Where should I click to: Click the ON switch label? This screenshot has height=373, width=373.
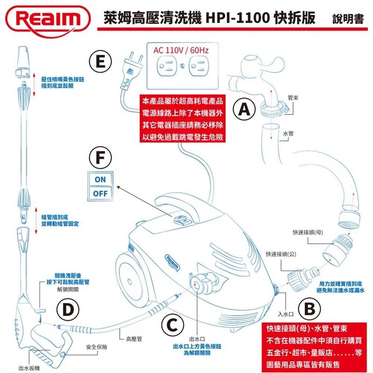tap(100, 179)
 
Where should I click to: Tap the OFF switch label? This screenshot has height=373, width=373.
tap(100, 194)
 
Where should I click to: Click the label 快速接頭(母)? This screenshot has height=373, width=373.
tap(308, 233)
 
